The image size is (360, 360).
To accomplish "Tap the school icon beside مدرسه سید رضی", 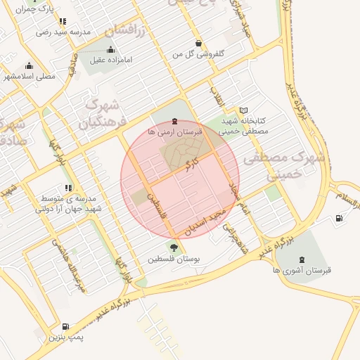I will coord(63,21).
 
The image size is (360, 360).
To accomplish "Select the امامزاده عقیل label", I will coord(111,60).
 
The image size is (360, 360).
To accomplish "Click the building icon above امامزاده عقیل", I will coord(111,49).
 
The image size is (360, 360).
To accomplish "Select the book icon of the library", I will coord(243,110).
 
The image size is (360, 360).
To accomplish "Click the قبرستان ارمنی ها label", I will coord(175,132).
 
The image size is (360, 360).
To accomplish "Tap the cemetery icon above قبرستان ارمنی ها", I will coord(175,122).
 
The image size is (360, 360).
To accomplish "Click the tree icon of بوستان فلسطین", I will coord(174,247).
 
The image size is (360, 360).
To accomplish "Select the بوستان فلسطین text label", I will coord(174,259).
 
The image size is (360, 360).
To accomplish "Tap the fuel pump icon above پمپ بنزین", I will coord(65,326).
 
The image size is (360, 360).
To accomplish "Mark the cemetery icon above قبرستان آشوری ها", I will coord(302,259).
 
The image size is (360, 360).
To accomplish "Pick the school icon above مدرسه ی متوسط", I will coord(67,188).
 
